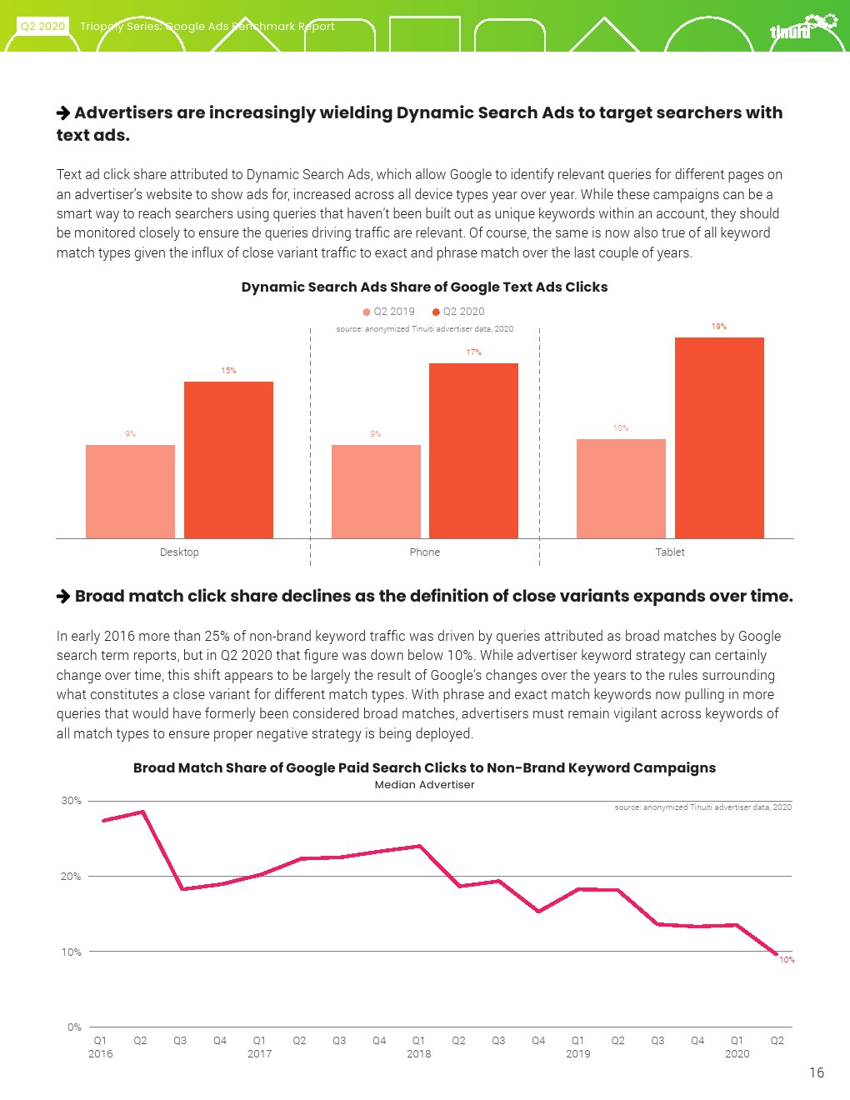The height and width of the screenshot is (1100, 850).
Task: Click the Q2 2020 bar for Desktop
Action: (228, 459)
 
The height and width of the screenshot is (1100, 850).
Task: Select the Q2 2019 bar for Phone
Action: (376, 491)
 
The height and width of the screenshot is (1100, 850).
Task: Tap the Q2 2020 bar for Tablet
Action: (719, 437)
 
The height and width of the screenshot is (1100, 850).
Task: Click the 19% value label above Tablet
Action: (718, 327)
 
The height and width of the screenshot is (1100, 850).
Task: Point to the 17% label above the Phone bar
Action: (473, 352)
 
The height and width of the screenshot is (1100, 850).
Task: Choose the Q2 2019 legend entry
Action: (388, 312)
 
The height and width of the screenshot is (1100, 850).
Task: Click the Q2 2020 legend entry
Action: (458, 312)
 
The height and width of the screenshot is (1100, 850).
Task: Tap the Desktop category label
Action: (179, 552)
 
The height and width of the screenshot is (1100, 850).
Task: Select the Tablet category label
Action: (670, 552)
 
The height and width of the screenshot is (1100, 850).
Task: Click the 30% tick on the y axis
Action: (72, 801)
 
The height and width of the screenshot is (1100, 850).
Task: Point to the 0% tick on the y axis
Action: (74, 1027)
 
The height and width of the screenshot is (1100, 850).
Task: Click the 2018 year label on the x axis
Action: (418, 1054)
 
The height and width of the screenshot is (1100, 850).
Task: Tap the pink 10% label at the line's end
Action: (787, 960)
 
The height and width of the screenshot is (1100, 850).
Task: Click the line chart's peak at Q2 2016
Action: (142, 812)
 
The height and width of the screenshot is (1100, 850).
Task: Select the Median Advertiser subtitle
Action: (424, 785)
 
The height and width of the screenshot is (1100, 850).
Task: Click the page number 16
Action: (816, 1072)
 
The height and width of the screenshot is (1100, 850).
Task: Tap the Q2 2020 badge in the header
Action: (42, 27)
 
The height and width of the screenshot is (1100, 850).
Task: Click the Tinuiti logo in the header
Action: (801, 27)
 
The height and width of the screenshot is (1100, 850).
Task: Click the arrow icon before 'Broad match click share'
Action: (63, 597)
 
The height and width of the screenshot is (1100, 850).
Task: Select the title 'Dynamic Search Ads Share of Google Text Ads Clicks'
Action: (424, 287)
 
